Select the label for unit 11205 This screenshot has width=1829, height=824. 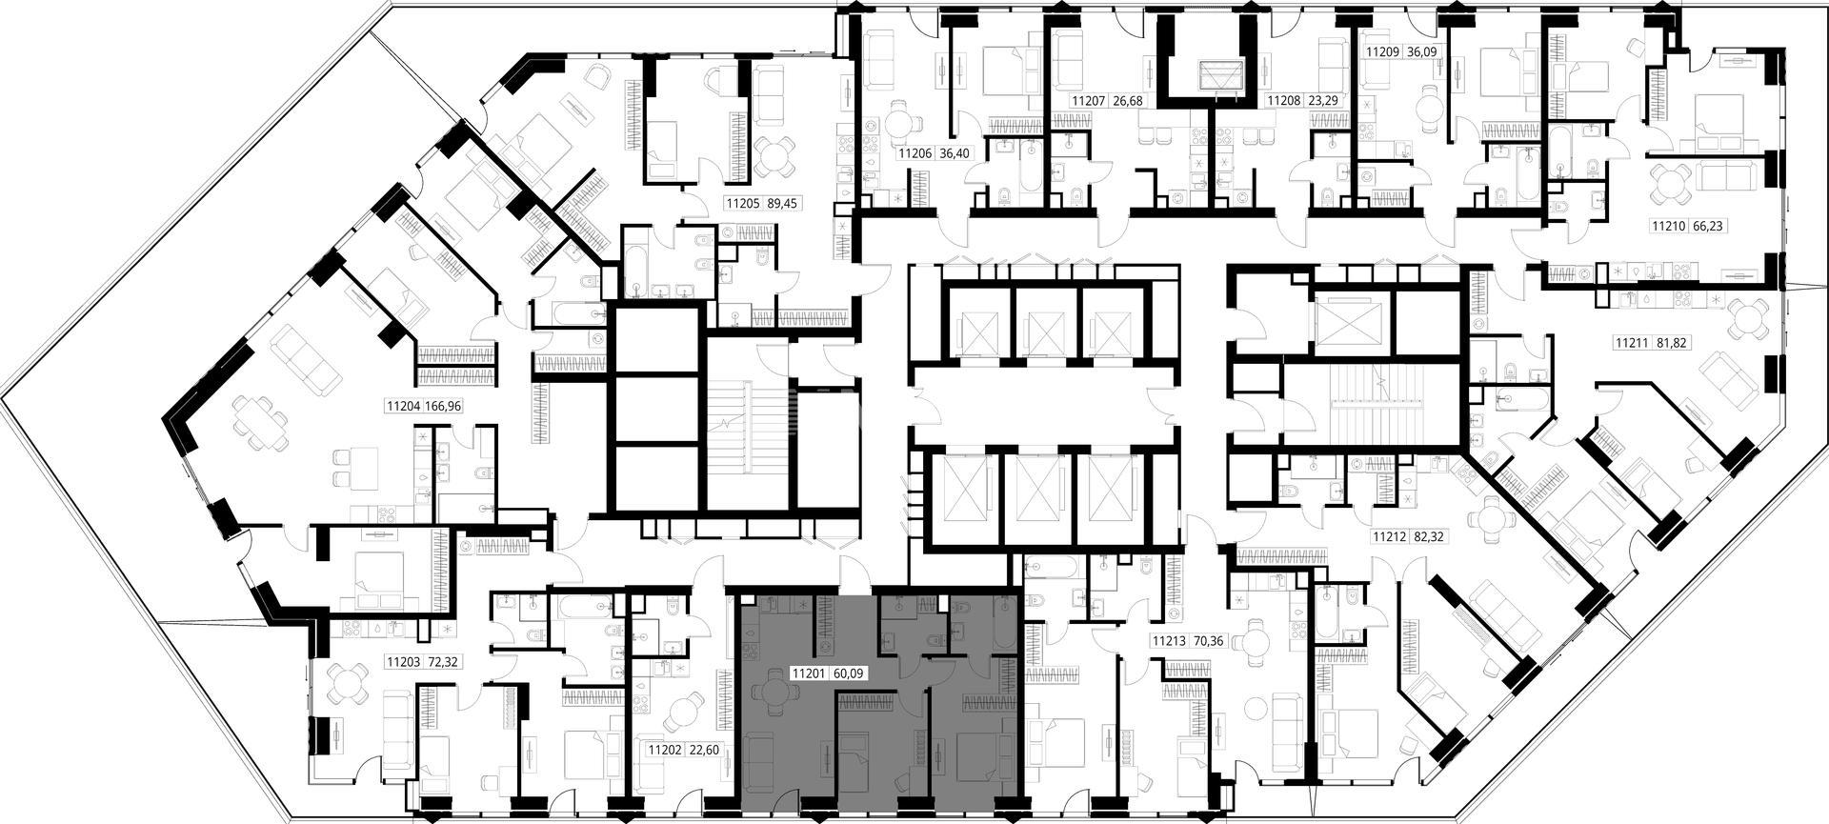pyautogui.click(x=742, y=203)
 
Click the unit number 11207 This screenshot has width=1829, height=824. pyautogui.click(x=1090, y=100)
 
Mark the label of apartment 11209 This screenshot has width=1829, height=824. pyautogui.click(x=1384, y=53)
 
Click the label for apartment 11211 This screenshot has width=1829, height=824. pyautogui.click(x=1634, y=343)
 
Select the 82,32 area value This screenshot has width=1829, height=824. pyautogui.click(x=1426, y=537)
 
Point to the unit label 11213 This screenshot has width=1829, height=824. pyautogui.click(x=1170, y=641)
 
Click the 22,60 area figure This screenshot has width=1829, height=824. pyautogui.click(x=703, y=750)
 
